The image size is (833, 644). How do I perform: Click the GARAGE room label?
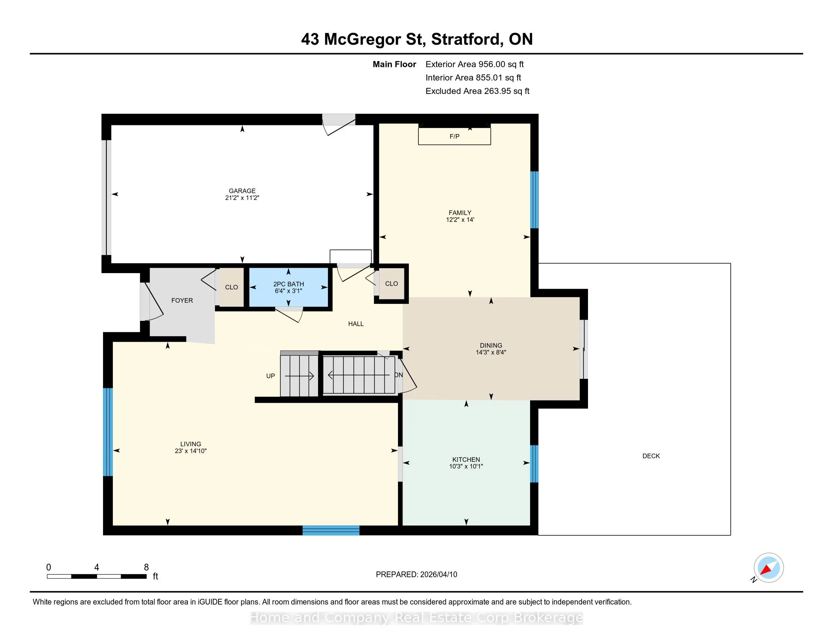coord(242,191)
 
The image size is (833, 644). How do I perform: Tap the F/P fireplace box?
coord(454,136)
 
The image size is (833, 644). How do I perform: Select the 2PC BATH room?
coord(289,287)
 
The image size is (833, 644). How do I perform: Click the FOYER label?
coord(182,301)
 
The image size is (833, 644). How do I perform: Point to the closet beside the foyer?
coord(231,287)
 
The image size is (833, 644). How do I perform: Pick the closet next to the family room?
coord(392,283)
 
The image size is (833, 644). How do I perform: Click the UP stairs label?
coord(270,376)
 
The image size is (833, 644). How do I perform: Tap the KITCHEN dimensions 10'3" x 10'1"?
coord(466,466)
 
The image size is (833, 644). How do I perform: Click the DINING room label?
coord(491,345)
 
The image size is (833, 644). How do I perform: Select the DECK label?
coord(651,456)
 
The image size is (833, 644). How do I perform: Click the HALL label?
coord(356,324)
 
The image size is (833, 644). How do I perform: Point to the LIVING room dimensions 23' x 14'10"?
coord(191,451)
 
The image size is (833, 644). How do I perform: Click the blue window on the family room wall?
coord(535,200)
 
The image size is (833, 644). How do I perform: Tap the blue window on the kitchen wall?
coord(534,464)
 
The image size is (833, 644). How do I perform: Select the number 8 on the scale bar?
coord(146,567)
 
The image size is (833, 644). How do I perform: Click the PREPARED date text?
coord(416,575)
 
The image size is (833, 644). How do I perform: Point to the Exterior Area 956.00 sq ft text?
coord(475,64)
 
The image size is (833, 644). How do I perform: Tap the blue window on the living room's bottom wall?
coord(331,530)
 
